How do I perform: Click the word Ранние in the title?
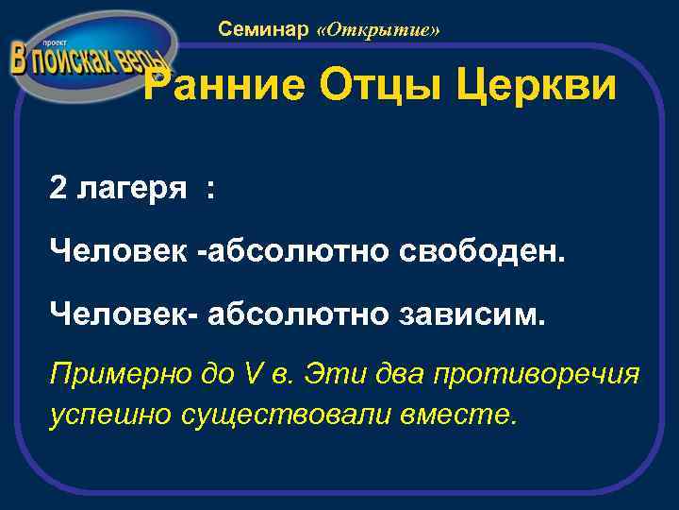[x=224, y=88]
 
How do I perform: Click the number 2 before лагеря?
[x=58, y=189]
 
